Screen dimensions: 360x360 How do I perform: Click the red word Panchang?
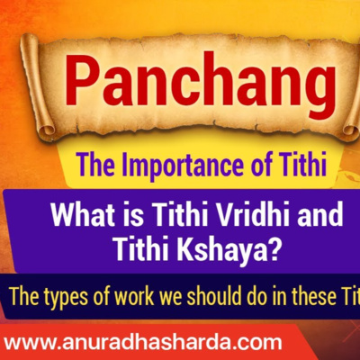coord(200,84)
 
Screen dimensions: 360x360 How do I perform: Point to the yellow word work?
coord(134,296)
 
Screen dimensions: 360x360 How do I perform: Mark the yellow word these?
coord(308,297)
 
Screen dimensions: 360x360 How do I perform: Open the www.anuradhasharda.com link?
coord(143,342)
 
